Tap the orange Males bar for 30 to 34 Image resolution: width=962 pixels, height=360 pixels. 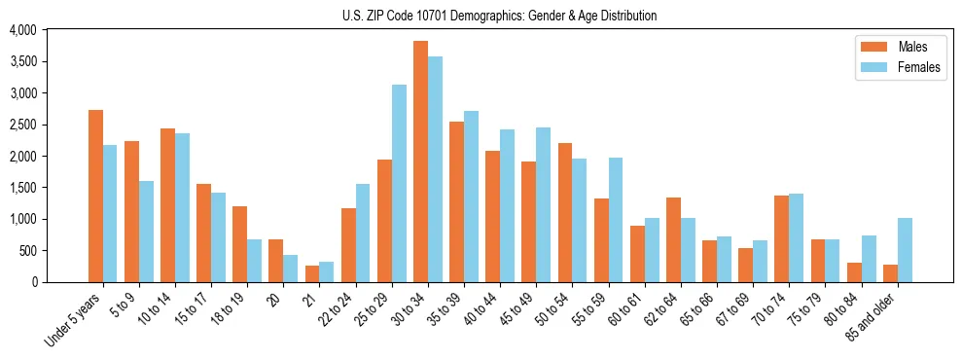pos(420,162)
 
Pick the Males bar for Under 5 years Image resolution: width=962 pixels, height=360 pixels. pos(95,196)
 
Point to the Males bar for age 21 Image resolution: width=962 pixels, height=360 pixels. pos(312,273)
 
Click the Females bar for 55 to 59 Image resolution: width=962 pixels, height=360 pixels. pos(616,220)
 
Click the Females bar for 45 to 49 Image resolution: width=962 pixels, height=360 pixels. pos(544,205)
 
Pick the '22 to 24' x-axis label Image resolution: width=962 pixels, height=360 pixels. pos(337,311)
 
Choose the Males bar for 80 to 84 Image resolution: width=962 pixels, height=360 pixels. pos(854,272)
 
